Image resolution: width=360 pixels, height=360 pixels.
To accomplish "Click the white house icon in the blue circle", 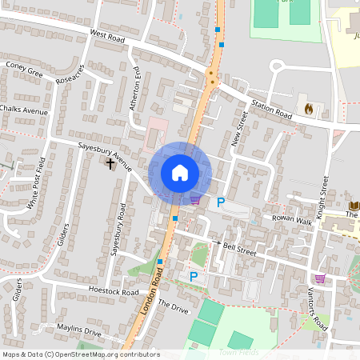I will point(180,172).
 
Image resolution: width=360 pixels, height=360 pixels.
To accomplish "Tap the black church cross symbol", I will point(110,163).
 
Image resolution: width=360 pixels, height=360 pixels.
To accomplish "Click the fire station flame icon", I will point(308,106).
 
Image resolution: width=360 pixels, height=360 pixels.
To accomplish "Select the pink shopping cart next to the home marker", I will point(195,199).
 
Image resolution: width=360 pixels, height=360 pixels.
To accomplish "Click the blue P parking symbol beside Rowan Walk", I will point(221,202).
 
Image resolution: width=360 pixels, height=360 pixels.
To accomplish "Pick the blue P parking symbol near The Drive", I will point(193,277).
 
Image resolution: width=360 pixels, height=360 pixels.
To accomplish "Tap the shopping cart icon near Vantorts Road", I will point(320,278).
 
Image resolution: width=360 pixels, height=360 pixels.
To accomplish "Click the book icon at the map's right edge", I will point(353,206).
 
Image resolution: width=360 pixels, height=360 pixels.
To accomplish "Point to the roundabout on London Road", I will point(211,78).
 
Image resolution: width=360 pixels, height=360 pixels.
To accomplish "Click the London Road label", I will point(150,292).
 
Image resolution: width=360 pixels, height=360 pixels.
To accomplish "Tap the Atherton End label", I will point(136,88).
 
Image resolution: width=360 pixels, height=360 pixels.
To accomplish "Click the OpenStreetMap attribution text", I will point(80,354).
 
